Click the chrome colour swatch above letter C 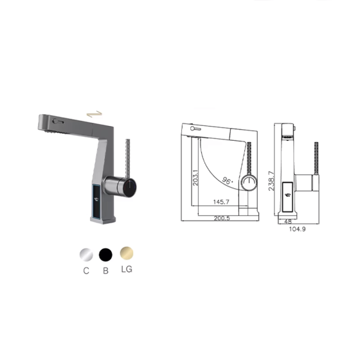85,255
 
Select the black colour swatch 106,255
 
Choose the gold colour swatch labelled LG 127,255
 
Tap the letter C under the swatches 85,271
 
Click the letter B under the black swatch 106,271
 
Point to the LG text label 127,269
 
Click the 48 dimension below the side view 288,221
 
